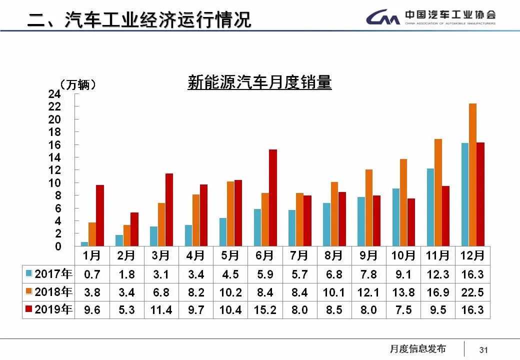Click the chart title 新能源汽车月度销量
pos(259,82)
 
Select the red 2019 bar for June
pos(272,198)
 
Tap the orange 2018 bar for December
pos(472,175)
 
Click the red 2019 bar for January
pos(100,215)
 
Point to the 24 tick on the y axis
pos(54,94)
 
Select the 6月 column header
pos(265,255)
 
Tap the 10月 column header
pos(403,255)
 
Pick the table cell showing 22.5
pos(472,292)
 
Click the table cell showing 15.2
pos(265,310)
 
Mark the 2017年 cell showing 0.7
pos(92,274)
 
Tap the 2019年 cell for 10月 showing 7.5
pos(403,310)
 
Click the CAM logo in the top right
pos(382,18)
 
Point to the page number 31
pos(483,349)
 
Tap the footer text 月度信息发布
pos(417,349)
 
